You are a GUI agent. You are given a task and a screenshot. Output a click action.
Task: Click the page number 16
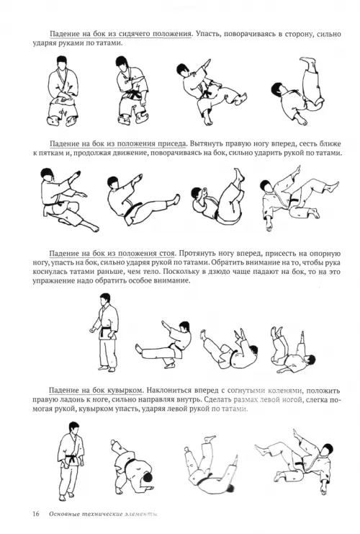(36, 514)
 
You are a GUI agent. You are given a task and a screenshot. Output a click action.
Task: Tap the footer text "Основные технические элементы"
(104, 514)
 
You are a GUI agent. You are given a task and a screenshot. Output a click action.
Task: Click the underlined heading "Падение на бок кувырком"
(95, 391)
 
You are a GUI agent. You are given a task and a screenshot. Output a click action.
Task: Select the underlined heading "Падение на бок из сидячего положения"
(121, 35)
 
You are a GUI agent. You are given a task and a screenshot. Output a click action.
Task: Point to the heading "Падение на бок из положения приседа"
(118, 143)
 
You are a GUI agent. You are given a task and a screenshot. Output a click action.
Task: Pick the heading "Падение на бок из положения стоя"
(112, 254)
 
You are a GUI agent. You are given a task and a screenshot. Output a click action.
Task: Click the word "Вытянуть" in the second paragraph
(204, 143)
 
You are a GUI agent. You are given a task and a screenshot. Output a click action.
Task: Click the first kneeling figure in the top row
(62, 91)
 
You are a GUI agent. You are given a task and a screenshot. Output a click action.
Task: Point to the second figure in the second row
(143, 200)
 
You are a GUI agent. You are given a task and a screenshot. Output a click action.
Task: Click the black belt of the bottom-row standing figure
(73, 459)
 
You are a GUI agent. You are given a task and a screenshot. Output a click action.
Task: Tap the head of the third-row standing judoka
(105, 300)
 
